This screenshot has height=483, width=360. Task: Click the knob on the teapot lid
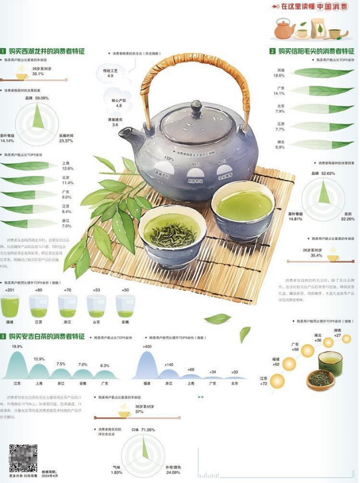197,109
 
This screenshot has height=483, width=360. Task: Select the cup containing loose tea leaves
172,232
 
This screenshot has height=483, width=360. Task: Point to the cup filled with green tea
243,209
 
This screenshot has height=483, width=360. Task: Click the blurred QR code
23,456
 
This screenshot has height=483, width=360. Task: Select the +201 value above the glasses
9,290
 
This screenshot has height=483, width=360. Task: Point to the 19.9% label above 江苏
17,347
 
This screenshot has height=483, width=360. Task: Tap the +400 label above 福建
147,347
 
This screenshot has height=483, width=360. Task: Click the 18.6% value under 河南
279,76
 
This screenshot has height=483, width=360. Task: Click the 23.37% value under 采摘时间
66,141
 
